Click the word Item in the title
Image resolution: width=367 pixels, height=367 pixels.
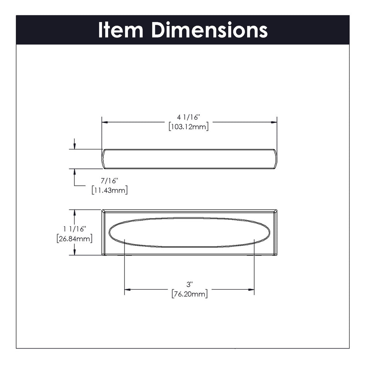coord(120,30)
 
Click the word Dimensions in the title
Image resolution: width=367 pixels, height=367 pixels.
coord(209,30)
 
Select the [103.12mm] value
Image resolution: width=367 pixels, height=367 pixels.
coord(189,126)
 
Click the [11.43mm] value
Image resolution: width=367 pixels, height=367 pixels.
coord(109,190)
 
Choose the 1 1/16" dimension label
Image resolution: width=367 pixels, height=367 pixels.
coord(74,229)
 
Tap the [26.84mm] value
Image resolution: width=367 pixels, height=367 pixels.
coord(74,238)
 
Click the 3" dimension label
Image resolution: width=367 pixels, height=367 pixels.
coord(189,284)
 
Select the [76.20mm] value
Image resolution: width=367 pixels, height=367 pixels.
coord(189,294)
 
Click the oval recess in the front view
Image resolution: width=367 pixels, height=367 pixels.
coord(189,233)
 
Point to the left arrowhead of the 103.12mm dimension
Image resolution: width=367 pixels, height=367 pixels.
coord(105,122)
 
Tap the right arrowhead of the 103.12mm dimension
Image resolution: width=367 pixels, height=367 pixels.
coord(274,122)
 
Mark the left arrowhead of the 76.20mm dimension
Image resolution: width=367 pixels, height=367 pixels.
coord(127,289)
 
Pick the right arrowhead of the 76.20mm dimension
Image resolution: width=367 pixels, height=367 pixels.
coord(251,289)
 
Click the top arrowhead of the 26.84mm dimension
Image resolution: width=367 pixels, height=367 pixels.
coord(74,212)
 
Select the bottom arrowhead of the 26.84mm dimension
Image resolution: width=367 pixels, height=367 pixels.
coord(74,252)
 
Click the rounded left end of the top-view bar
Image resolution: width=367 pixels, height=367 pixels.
coord(104,159)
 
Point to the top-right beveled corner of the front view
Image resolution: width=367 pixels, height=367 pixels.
coord(275,211)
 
